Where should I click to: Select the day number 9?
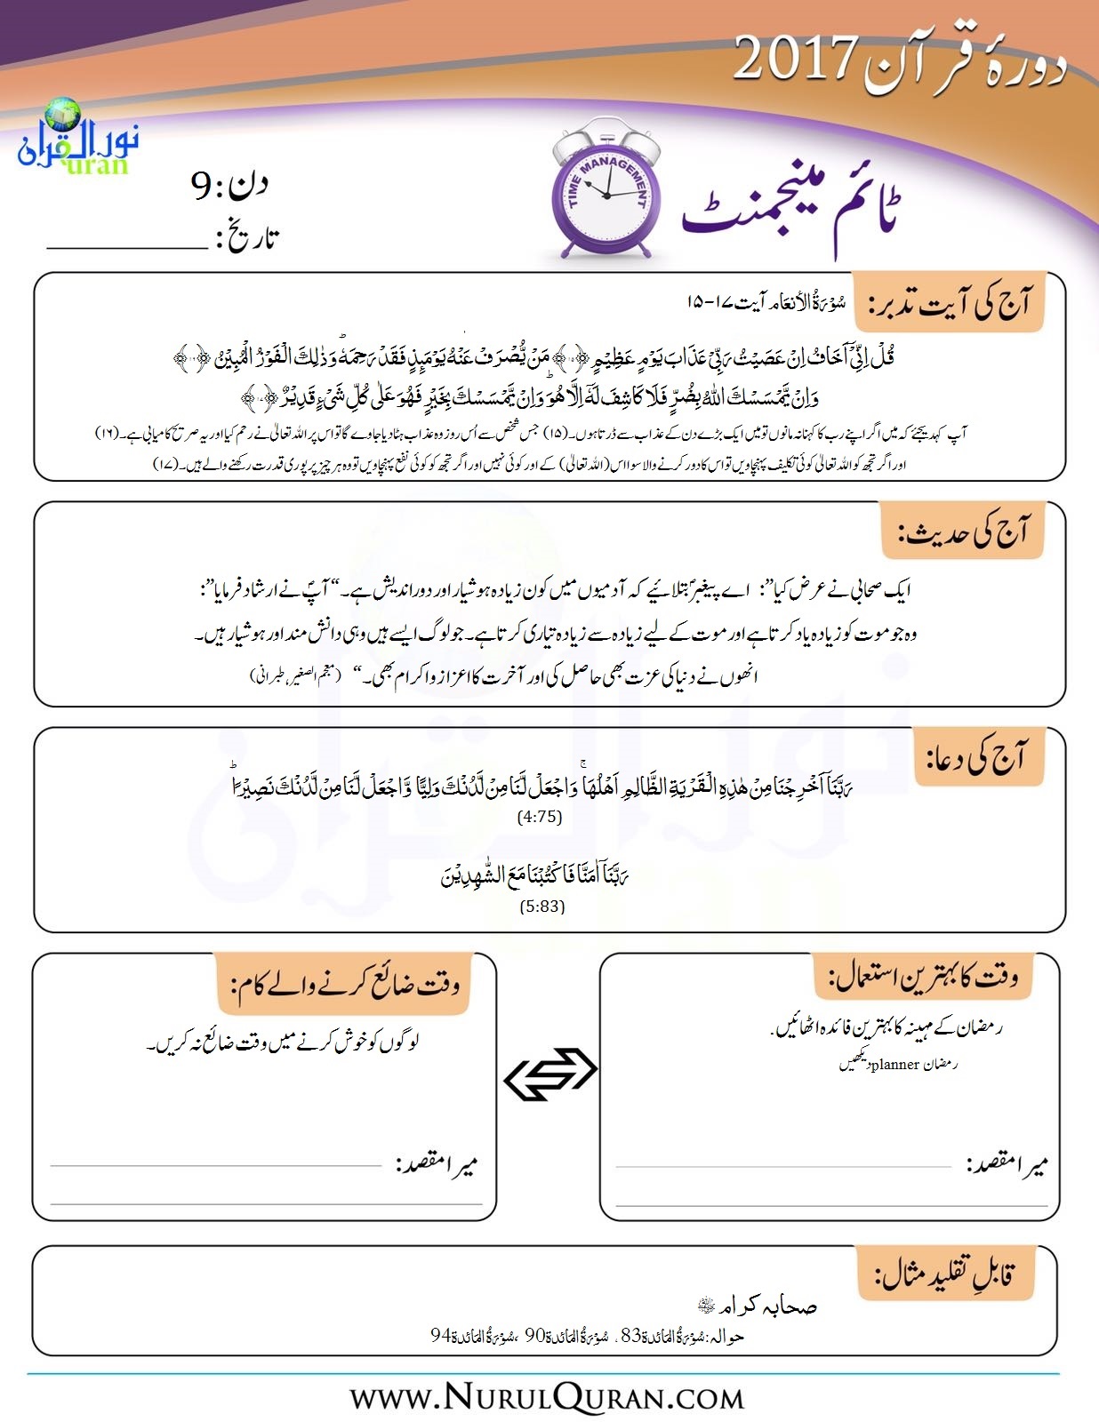(x=202, y=187)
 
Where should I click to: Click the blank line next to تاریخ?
(x=126, y=248)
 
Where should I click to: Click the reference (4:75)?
(x=540, y=817)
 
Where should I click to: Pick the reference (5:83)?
(x=541, y=907)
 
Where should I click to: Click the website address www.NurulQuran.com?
(x=547, y=1398)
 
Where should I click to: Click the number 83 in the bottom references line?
(x=630, y=1335)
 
